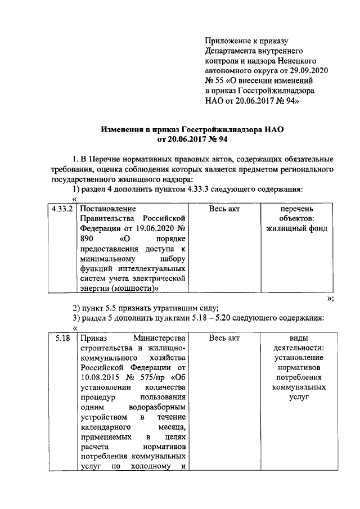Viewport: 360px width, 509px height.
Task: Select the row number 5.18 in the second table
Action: [x=62, y=338]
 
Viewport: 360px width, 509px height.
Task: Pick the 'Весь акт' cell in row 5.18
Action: [x=224, y=338]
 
